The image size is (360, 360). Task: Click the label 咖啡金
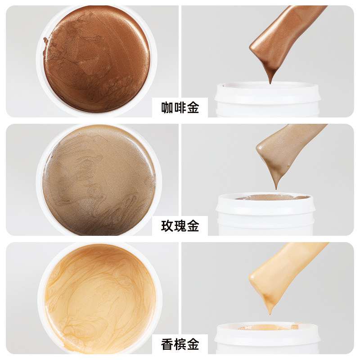coord(180,108)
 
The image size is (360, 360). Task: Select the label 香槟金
coord(180,345)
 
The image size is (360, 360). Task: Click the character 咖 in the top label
coord(167,108)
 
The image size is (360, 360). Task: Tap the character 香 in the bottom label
coord(167,345)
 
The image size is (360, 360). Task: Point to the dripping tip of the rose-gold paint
coord(276,185)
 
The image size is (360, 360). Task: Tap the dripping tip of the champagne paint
coord(270,310)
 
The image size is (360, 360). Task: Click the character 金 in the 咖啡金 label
coord(193,108)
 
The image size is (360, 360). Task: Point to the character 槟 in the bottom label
coord(180,345)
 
